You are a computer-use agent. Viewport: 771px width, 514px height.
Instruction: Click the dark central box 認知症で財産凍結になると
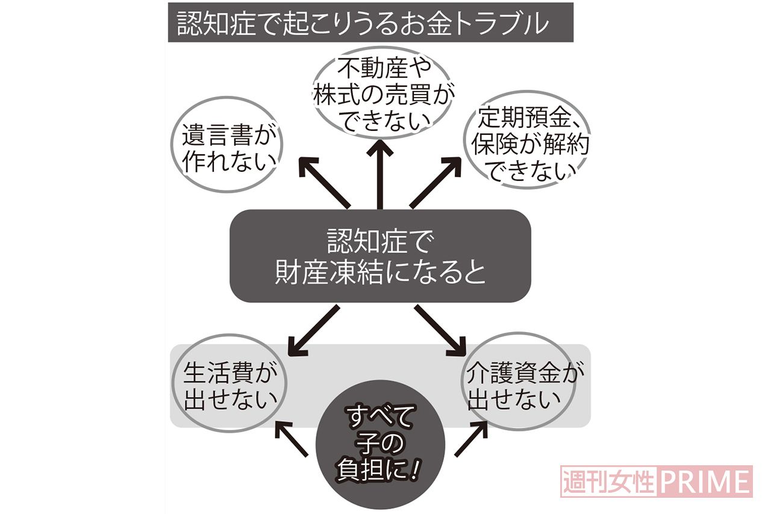(380, 256)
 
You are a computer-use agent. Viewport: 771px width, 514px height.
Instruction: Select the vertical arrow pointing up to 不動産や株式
(379, 174)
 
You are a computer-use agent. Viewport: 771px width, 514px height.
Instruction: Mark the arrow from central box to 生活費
(314, 329)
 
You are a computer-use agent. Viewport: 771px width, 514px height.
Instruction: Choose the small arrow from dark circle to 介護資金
(470, 438)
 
